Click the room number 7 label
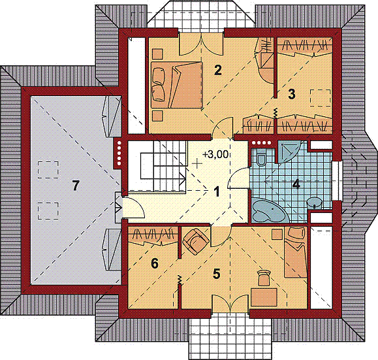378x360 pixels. click(x=76, y=186)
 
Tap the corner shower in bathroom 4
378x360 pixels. click(x=287, y=152)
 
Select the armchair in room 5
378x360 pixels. click(x=196, y=241)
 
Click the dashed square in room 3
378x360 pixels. click(x=320, y=97)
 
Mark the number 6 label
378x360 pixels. click(x=154, y=263)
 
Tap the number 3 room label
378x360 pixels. click(x=292, y=93)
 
